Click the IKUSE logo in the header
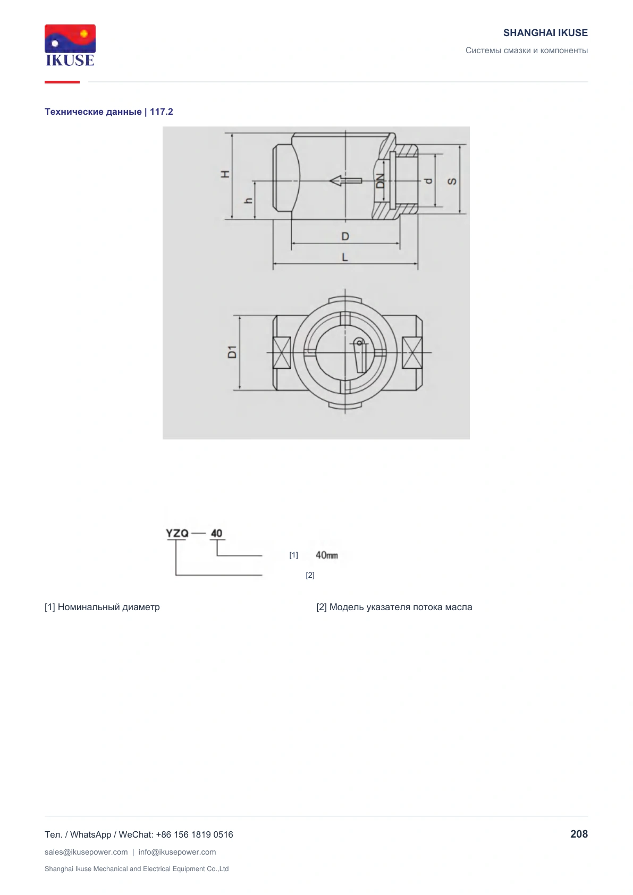coord(70,45)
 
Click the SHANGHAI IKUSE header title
coord(545,33)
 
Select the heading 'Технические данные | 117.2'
coord(109,112)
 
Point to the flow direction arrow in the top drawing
coord(345,181)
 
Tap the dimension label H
coord(225,174)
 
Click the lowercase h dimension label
coord(249,200)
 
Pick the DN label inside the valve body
coord(380,181)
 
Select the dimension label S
coord(452,181)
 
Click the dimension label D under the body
coord(345,237)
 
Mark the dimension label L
coord(345,257)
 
